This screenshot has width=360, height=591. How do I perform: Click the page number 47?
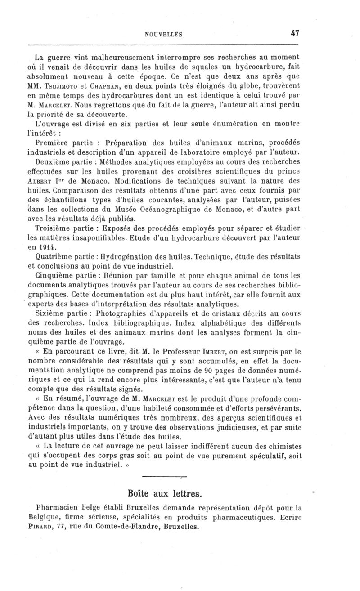[x=295, y=33]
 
